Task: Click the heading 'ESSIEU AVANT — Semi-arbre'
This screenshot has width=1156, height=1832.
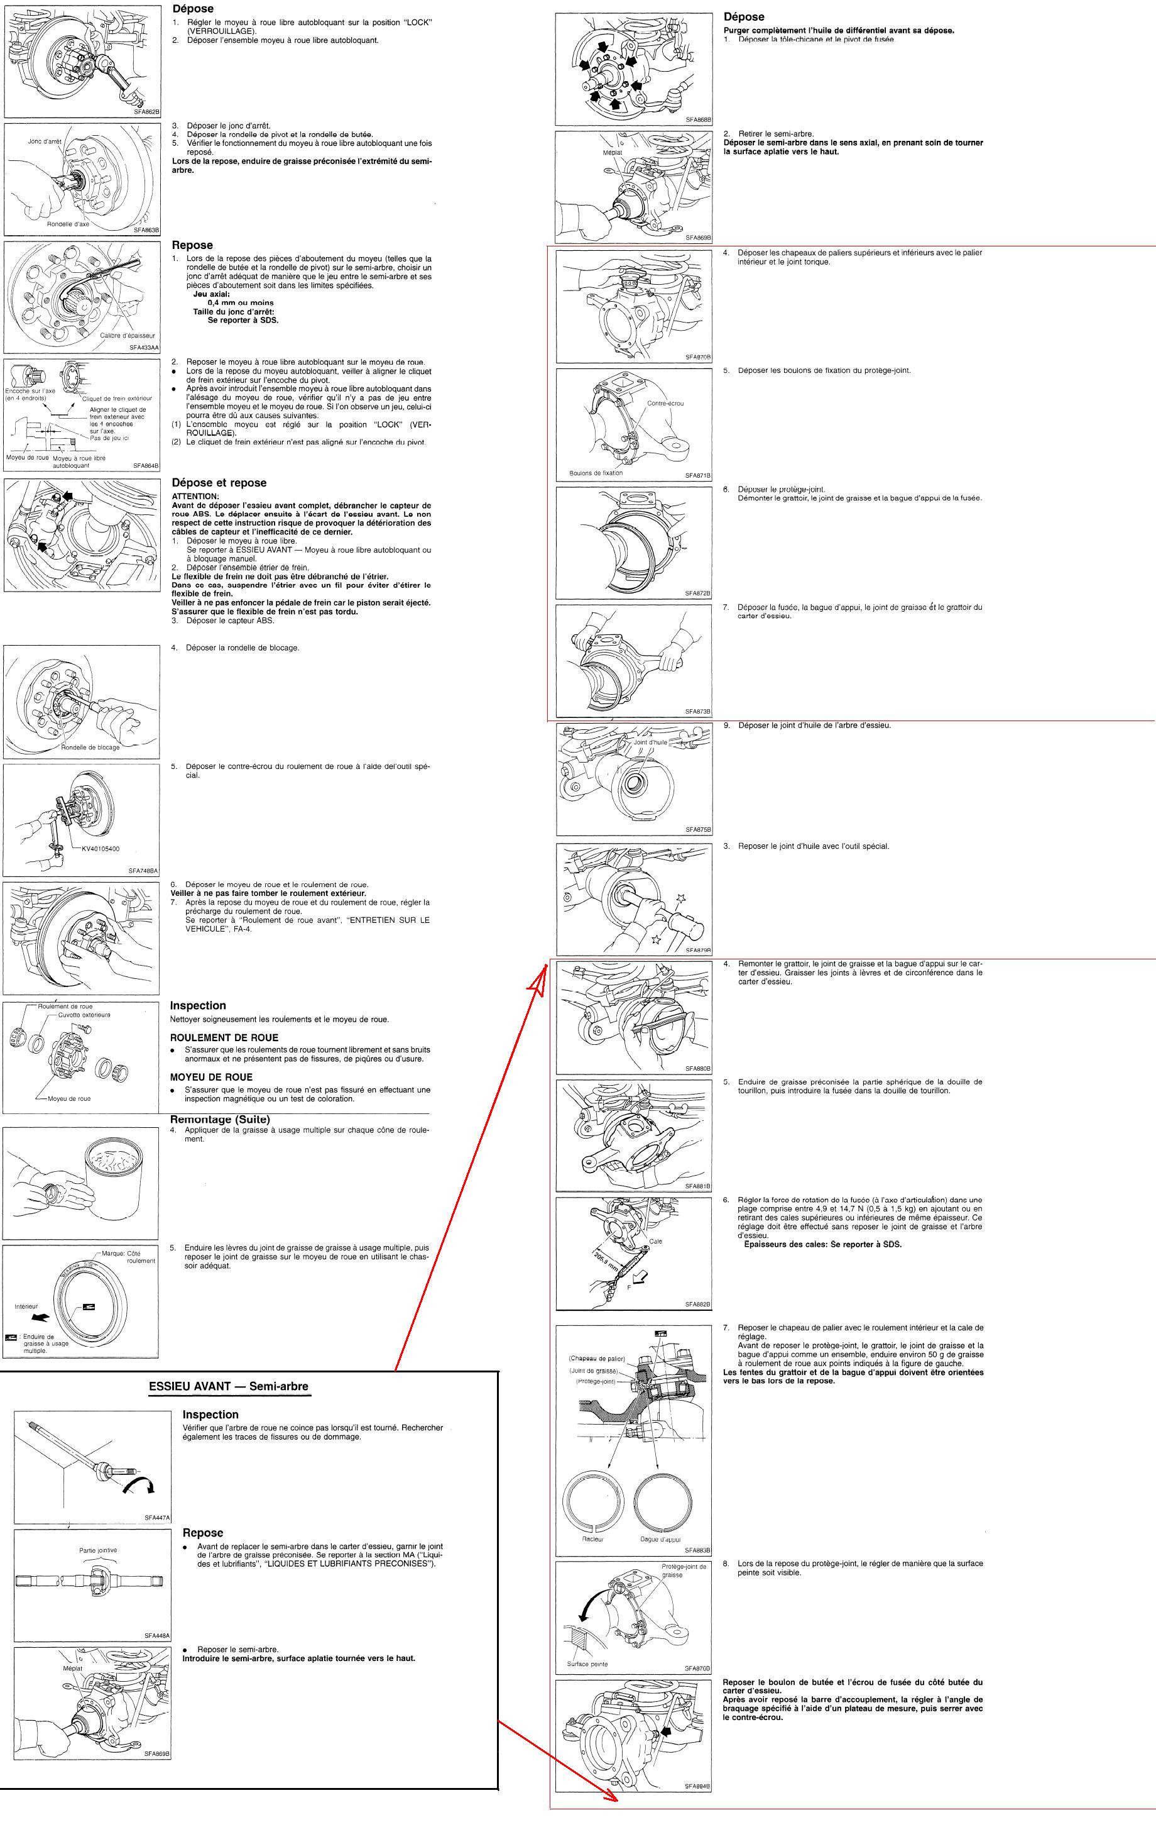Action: click(229, 1386)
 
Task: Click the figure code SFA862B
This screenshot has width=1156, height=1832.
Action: click(146, 112)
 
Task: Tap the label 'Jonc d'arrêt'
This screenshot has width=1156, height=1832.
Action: click(45, 141)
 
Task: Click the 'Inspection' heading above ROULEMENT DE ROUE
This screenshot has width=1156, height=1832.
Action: click(198, 1005)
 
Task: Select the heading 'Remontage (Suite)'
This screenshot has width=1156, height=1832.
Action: click(220, 1120)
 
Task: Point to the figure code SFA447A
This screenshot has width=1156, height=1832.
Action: click(158, 1517)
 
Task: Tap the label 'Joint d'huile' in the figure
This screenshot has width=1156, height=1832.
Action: click(651, 742)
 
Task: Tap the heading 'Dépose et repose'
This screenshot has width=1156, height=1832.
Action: click(219, 483)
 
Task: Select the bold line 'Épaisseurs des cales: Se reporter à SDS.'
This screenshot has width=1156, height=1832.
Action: click(823, 1245)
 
